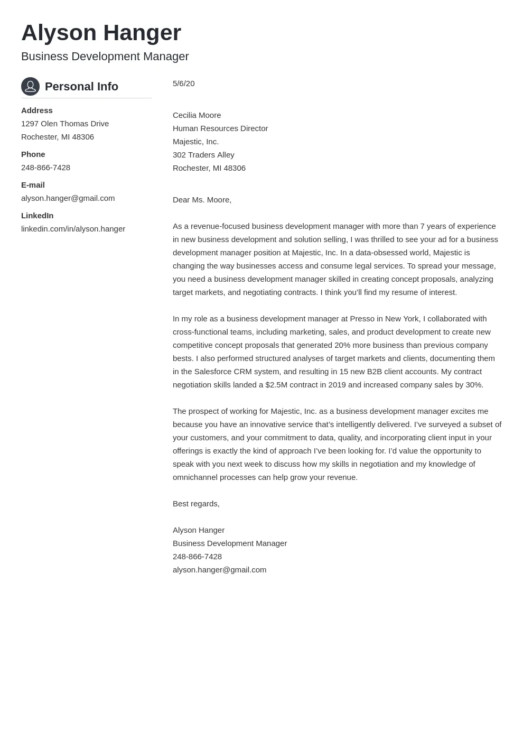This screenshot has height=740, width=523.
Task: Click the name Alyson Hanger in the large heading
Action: (101, 33)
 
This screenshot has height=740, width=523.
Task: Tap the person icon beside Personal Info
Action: (30, 86)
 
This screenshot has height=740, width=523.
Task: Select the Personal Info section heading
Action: (81, 87)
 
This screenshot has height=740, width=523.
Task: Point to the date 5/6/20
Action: (183, 84)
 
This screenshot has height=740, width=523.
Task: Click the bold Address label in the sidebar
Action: (36, 110)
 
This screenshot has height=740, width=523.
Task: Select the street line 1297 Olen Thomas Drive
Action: (65, 124)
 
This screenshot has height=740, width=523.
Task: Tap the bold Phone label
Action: (33, 154)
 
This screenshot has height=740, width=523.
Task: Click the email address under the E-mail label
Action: (68, 198)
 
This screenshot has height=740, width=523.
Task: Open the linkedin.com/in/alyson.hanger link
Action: (73, 229)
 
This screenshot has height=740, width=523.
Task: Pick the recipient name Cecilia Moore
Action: (197, 115)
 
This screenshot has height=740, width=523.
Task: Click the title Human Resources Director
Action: (220, 128)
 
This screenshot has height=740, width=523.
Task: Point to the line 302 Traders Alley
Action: (203, 155)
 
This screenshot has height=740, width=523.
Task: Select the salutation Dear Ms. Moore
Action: (202, 200)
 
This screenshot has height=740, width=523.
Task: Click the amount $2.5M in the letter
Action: (276, 385)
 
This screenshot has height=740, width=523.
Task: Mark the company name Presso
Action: (362, 319)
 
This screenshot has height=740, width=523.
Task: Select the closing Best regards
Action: (196, 504)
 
